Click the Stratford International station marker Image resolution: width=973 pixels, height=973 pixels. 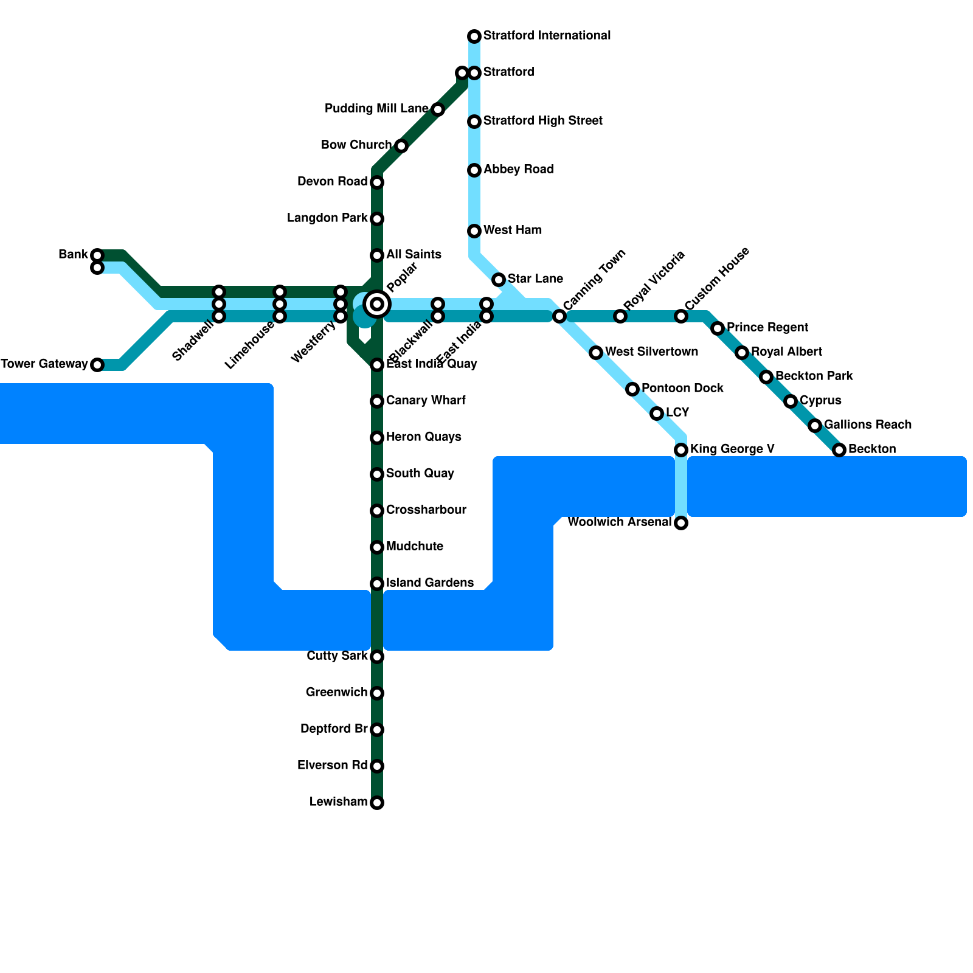(474, 36)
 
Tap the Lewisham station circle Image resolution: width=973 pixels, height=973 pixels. (377, 803)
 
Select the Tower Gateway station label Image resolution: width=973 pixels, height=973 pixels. (44, 364)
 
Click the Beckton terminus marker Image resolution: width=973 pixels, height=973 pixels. (839, 450)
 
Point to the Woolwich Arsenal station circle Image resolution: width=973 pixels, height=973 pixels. (681, 523)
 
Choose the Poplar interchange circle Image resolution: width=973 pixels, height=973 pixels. (377, 304)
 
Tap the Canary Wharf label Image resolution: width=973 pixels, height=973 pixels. (426, 401)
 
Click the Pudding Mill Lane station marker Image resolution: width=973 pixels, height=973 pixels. (438, 109)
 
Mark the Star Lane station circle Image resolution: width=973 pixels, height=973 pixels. (499, 280)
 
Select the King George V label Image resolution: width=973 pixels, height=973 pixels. (732, 449)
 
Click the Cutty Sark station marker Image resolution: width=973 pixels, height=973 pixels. (377, 657)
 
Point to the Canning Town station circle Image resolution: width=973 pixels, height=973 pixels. (559, 316)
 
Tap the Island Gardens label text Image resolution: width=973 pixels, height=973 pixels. (429, 583)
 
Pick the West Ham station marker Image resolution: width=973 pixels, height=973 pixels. (474, 231)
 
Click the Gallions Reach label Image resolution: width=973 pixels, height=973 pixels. (868, 425)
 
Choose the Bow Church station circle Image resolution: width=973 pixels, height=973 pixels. (401, 146)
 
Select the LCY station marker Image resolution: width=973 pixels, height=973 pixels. (657, 414)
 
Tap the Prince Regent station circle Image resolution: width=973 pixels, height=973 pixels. (718, 328)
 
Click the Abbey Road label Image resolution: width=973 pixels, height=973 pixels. (518, 170)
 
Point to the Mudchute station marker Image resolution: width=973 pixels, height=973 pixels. (377, 547)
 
